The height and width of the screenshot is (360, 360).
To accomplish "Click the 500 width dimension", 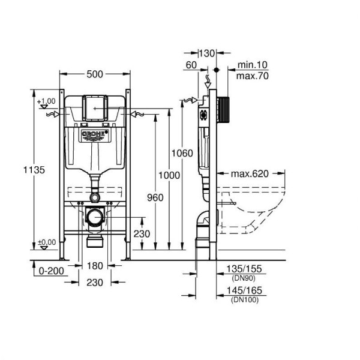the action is click(x=95, y=74).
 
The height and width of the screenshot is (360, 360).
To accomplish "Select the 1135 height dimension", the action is click(x=34, y=170).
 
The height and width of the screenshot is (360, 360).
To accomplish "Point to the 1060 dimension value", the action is click(x=182, y=153).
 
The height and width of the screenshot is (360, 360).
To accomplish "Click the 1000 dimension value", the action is click(x=169, y=175).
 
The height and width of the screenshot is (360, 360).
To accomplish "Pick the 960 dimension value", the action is click(x=155, y=197).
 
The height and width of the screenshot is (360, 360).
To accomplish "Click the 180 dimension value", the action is click(x=95, y=266).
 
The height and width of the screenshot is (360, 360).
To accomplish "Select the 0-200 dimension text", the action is click(x=51, y=271).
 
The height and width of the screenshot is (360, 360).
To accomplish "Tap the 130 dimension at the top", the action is click(x=207, y=53).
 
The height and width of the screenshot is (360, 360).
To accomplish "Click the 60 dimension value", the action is click(x=191, y=65).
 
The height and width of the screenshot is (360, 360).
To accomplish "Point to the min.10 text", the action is click(x=253, y=65).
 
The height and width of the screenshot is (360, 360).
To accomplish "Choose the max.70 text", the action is click(x=253, y=76).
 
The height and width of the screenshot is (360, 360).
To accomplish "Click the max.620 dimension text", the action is click(x=250, y=174).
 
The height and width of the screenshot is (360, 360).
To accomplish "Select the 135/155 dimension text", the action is click(x=244, y=269).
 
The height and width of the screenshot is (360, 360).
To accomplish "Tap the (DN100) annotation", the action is click(x=245, y=299).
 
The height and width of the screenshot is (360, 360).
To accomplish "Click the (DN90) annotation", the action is click(x=244, y=278).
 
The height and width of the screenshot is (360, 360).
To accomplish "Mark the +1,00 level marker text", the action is click(x=46, y=101).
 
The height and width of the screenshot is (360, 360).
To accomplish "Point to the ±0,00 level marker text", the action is click(x=47, y=242).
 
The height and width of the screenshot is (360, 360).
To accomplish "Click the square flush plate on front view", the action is click(x=95, y=108).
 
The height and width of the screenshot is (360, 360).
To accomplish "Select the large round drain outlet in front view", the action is click(x=95, y=217).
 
